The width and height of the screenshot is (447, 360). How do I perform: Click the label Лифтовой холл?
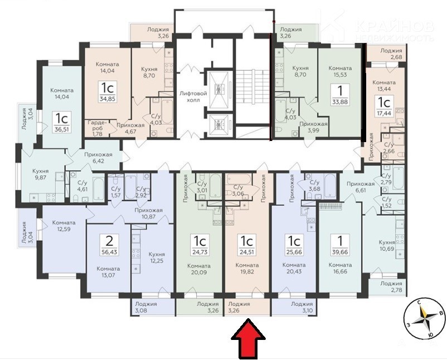tap(189, 96)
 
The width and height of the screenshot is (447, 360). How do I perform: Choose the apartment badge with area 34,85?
tap(107, 91)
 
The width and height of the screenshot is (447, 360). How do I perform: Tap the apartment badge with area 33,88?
tap(340, 95)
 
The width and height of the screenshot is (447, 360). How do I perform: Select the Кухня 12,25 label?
tap(157, 257)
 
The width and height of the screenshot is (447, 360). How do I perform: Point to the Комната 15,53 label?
tap(340, 71)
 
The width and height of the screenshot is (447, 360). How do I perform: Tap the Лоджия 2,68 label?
tap(391, 54)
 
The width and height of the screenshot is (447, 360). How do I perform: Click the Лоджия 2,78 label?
tap(391, 286)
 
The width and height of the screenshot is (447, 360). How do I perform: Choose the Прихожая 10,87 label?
tap(148, 213)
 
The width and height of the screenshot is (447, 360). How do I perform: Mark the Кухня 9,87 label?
tap(41, 174)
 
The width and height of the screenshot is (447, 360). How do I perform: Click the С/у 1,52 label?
tap(387, 202)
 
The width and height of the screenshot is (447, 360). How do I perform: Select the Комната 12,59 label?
tap(64, 226)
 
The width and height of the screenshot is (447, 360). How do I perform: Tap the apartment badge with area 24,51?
tap(247, 245)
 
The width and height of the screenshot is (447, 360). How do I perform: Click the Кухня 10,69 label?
tap(387, 245)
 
